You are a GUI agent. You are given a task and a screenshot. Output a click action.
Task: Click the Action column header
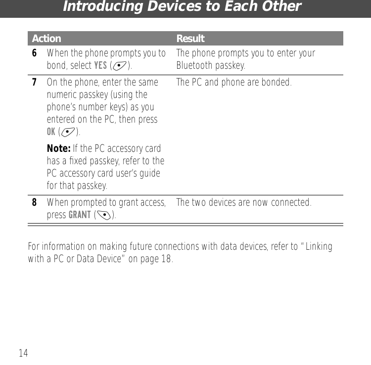[x=46, y=39]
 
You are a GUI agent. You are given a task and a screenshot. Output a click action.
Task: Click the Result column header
[x=190, y=39]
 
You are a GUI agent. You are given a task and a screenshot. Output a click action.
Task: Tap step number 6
[x=34, y=53]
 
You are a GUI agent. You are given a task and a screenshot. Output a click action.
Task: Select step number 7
[x=34, y=82]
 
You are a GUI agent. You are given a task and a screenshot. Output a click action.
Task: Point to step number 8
[x=34, y=202]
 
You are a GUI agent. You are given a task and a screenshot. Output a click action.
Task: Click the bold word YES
[x=100, y=65]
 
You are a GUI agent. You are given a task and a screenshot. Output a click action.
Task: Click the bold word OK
[x=51, y=132]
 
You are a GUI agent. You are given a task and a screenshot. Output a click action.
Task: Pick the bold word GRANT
[x=79, y=215]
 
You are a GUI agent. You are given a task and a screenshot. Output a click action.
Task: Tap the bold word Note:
[x=59, y=148]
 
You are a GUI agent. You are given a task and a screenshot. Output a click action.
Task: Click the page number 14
[x=23, y=353]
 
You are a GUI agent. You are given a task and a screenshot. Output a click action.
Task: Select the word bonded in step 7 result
[x=275, y=82]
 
